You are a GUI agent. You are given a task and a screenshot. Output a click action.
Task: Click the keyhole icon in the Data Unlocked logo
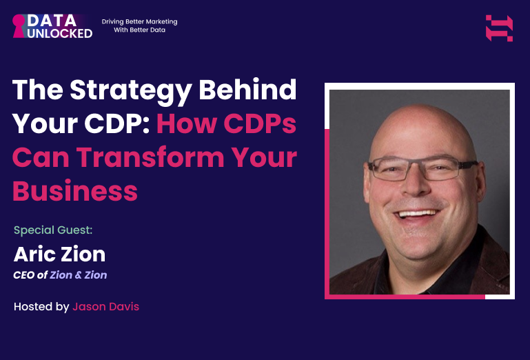[19, 26]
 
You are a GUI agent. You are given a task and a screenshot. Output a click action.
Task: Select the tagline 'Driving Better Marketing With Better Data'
[139, 26]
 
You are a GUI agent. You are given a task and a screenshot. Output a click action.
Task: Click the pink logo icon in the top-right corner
[499, 28]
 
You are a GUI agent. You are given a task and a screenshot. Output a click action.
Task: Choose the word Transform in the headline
[154, 157]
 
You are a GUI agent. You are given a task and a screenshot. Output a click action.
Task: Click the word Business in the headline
[75, 190]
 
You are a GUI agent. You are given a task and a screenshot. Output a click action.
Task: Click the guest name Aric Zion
[59, 254]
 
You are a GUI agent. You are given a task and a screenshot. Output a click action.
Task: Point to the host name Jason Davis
[105, 306]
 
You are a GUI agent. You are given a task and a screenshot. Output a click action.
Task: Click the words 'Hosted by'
[41, 306]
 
